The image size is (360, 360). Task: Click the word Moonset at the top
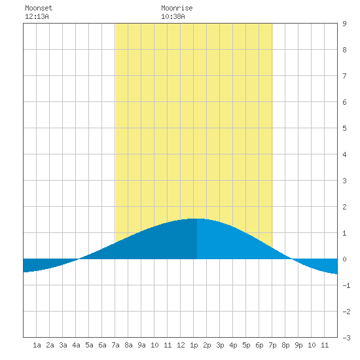point(39,8)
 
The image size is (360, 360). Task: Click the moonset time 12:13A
point(37,16)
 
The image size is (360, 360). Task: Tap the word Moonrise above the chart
point(177,8)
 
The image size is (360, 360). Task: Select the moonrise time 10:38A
point(173,16)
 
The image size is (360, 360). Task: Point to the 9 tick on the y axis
point(344,24)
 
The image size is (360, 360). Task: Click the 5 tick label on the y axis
point(344,128)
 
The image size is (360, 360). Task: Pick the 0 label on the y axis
point(344,259)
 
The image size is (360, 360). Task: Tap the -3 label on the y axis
point(346,338)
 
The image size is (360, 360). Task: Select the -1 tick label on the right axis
point(346,285)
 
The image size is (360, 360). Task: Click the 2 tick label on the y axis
point(344,207)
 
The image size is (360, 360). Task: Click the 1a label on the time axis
point(37,345)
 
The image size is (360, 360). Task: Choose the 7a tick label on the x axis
point(115,345)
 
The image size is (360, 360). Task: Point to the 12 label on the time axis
point(181,345)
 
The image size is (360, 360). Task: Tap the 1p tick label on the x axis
point(194,345)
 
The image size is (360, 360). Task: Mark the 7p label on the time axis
point(272,345)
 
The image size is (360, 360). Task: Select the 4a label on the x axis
point(76,345)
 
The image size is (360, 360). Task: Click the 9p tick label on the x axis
point(298,345)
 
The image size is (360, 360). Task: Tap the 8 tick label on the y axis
point(344,50)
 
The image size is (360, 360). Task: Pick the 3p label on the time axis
point(220,345)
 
